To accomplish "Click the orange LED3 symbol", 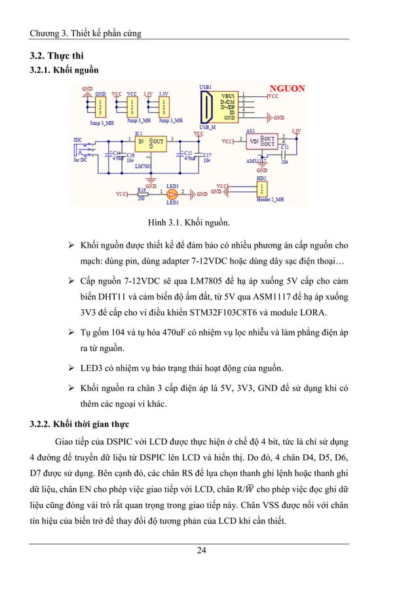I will click(172, 193).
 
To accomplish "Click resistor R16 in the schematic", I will click(142, 193).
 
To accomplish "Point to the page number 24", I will click(208, 549).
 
